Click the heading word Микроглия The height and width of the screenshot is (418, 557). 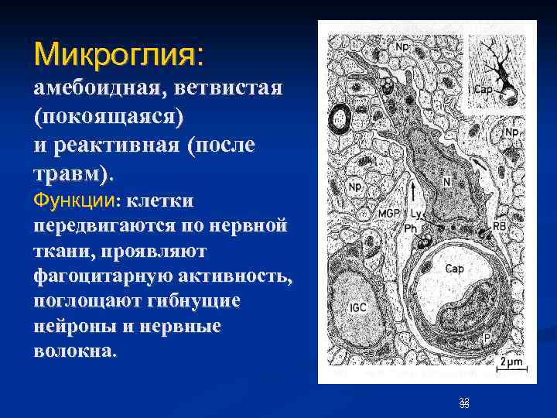pyautogui.click(x=116, y=55)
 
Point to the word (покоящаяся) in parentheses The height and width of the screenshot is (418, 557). pyautogui.click(x=109, y=116)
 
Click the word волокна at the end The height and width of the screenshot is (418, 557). pyautogui.click(x=74, y=350)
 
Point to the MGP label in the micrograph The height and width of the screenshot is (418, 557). pyautogui.click(x=389, y=213)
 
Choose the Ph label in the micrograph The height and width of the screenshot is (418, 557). pyautogui.click(x=411, y=228)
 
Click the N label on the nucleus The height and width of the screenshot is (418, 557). pyautogui.click(x=446, y=183)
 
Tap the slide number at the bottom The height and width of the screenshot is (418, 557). pyautogui.click(x=463, y=402)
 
